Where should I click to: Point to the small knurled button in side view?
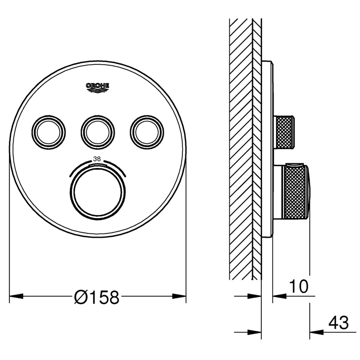pyautogui.click(x=285, y=132)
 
